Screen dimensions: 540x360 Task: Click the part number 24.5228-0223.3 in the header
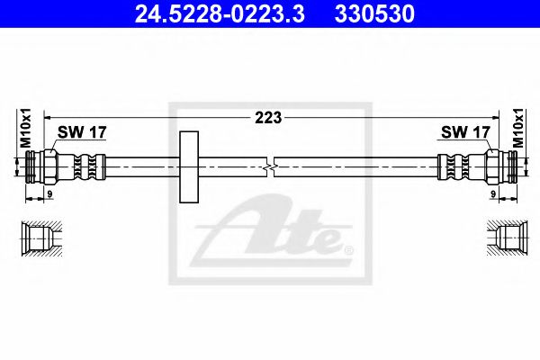220,13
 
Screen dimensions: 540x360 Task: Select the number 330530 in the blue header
374,13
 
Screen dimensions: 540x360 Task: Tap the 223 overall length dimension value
268,118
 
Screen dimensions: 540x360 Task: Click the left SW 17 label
82,132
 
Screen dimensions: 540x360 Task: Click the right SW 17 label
465,132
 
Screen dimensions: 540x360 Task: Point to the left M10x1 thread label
26,128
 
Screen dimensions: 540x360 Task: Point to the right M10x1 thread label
517,128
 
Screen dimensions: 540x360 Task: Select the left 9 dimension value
49,194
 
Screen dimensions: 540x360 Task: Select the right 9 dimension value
493,194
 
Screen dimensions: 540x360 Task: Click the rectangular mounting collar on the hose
189,166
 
